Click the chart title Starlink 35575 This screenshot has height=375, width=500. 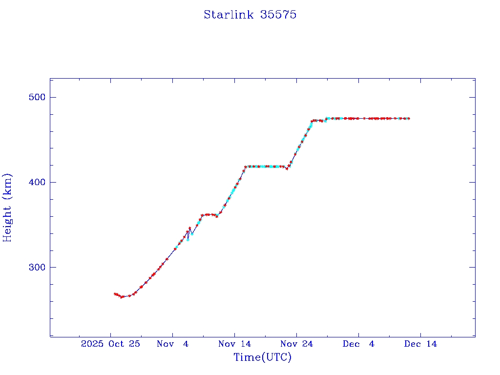pos(250,15)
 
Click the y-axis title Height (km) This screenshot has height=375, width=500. pos(7,208)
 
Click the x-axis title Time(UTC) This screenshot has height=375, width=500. pos(262,357)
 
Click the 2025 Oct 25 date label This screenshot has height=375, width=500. pos(111,344)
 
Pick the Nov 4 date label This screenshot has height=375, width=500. pos(172,344)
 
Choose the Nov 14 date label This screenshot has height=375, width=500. pos(234,344)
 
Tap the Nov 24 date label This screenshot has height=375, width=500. pos(296,344)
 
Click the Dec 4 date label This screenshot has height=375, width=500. pos(358,344)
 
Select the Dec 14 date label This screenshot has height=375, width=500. pos(420,344)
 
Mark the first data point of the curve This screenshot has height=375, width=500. pos(115,294)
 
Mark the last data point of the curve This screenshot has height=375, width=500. pos(409,119)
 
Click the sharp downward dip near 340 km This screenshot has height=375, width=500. pos(188,239)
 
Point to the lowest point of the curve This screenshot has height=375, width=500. pos(122,297)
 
